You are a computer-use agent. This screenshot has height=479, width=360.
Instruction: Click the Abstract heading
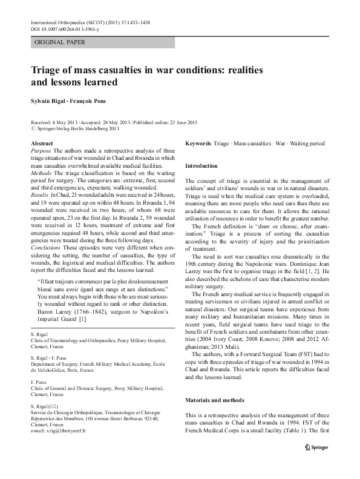tap(41, 142)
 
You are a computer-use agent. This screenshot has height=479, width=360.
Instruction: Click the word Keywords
tap(197, 143)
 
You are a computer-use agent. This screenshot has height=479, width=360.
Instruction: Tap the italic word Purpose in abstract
tap(41, 150)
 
